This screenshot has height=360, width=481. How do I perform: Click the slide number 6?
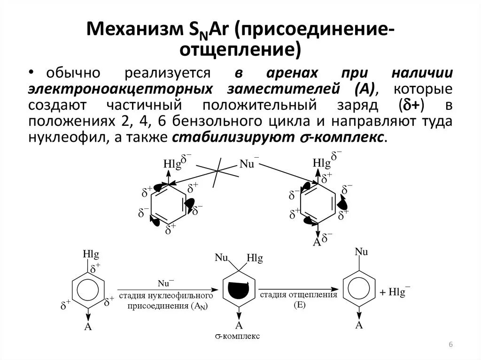[x=450, y=345]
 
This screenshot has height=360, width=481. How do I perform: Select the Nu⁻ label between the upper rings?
[x=248, y=163]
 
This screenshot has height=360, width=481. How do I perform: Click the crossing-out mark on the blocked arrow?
[x=217, y=173]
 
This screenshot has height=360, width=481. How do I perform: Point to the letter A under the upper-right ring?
[x=317, y=242]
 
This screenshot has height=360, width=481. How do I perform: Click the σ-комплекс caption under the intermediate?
[x=238, y=336]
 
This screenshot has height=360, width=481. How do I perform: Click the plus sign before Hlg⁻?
[x=383, y=292]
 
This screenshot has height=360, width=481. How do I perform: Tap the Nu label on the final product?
[x=361, y=252]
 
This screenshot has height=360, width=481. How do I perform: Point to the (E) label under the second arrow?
[x=299, y=306]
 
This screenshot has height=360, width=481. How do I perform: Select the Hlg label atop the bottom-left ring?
[x=91, y=254]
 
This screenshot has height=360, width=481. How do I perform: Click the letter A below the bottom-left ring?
[x=87, y=327]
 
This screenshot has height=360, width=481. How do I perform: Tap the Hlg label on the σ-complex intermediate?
[x=255, y=258]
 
